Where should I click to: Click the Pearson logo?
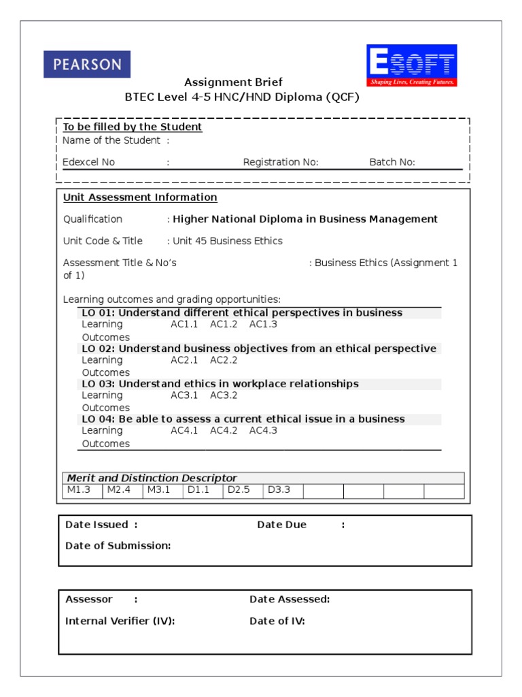click(x=87, y=65)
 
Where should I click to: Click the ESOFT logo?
click(x=412, y=66)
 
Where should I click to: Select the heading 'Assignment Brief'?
click(x=233, y=82)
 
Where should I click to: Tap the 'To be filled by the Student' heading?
click(x=133, y=127)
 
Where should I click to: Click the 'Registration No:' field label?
click(x=281, y=162)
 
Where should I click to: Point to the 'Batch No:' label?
click(x=392, y=162)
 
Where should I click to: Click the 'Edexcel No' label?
click(x=89, y=162)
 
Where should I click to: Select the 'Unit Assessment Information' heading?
click(x=140, y=197)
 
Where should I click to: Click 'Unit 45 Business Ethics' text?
click(x=228, y=241)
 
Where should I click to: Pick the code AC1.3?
click(x=263, y=324)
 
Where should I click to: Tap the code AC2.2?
click(x=224, y=359)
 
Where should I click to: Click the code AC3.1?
click(x=184, y=395)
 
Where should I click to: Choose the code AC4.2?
click(x=224, y=430)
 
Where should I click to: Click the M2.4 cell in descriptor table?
click(x=118, y=490)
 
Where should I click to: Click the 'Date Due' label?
click(x=281, y=525)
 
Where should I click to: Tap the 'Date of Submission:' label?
click(x=118, y=545)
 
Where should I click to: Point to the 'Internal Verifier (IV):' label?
click(x=120, y=621)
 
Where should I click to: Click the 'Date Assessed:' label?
click(x=290, y=599)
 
